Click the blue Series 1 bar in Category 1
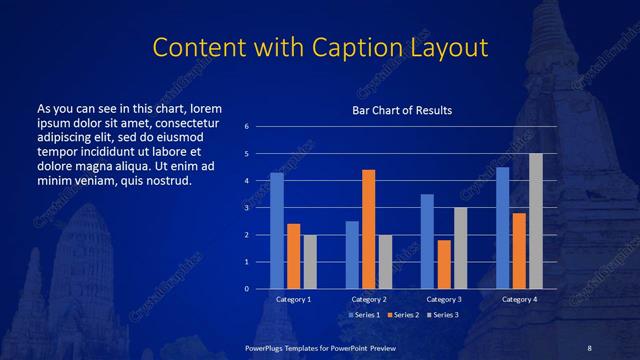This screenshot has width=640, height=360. [x=277, y=231]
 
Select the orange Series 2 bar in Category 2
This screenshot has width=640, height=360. [x=368, y=229]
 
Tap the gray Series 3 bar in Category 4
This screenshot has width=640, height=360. [x=536, y=221]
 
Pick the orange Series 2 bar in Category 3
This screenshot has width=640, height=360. [x=444, y=264]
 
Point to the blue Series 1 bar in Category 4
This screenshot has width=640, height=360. [x=503, y=228]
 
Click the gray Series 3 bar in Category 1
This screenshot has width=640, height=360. [x=310, y=262]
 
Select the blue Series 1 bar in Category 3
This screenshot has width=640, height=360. [x=427, y=241]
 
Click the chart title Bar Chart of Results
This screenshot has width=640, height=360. [x=401, y=110]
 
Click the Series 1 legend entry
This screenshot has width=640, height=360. [x=367, y=315]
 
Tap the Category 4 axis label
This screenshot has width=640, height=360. [x=519, y=299]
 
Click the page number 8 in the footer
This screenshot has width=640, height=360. [x=589, y=347]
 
